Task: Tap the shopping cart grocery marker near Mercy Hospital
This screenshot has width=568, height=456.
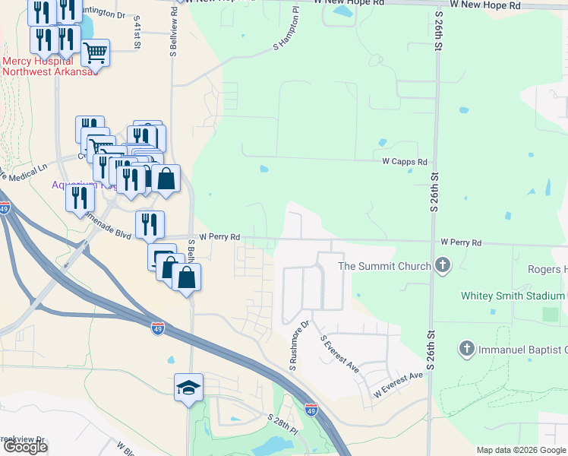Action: (96, 53)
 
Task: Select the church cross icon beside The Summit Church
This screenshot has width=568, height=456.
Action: (443, 265)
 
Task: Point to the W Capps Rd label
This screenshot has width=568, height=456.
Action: (405, 162)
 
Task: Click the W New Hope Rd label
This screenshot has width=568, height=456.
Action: (484, 5)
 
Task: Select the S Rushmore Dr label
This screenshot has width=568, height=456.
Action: (298, 347)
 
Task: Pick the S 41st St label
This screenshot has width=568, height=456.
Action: (137, 35)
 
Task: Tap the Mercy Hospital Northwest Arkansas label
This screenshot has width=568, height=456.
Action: (50, 66)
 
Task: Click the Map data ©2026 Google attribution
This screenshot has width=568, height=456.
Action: (521, 450)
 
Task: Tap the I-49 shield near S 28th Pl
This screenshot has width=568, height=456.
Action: (311, 410)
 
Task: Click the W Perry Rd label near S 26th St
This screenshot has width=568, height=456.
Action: (461, 242)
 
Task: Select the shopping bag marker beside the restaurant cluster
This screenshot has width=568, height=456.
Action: (166, 179)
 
